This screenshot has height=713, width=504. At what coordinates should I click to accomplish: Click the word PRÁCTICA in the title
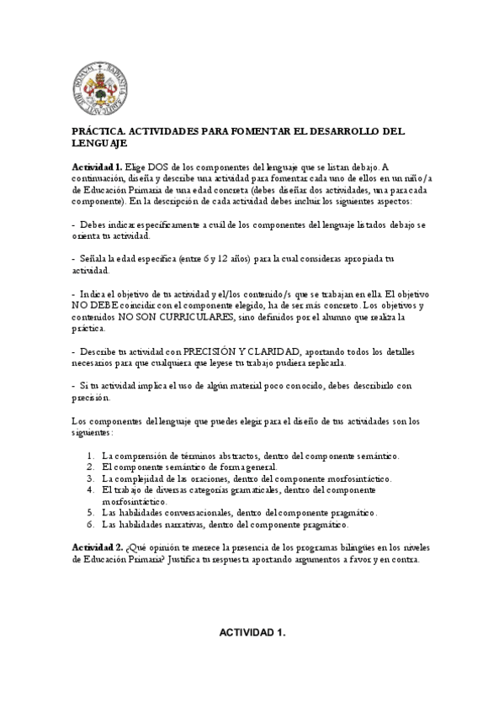tap(98, 132)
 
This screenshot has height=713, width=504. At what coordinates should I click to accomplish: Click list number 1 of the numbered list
tap(90, 455)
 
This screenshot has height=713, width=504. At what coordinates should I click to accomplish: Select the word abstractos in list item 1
tap(233, 455)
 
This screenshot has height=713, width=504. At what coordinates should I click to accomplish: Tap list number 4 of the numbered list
tap(90, 489)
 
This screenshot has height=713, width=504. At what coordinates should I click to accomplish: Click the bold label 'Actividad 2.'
tap(98, 547)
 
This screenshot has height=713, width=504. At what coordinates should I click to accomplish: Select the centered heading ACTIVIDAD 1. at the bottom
tap(252, 632)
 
